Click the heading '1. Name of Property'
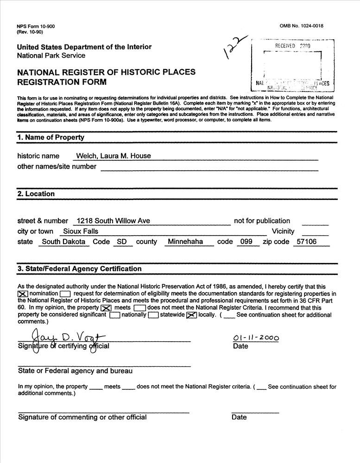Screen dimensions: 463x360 [51, 138]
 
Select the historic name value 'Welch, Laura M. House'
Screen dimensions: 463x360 [114, 156]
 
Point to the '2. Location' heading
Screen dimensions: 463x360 [36, 194]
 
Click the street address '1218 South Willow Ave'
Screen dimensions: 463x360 [114, 221]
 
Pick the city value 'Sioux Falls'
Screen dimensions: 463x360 [81, 231]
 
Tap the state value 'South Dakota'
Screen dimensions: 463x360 [63, 242]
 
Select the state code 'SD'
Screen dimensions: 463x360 [122, 242]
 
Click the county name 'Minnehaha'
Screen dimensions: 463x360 [185, 242]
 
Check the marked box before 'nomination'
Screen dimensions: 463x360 [23, 294]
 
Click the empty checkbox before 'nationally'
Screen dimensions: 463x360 [115, 315]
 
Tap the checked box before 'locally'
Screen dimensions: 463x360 [191, 315]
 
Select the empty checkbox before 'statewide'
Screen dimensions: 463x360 [153, 315]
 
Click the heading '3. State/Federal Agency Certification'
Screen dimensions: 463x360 [79, 269]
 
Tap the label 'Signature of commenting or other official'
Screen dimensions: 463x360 [82, 417]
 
